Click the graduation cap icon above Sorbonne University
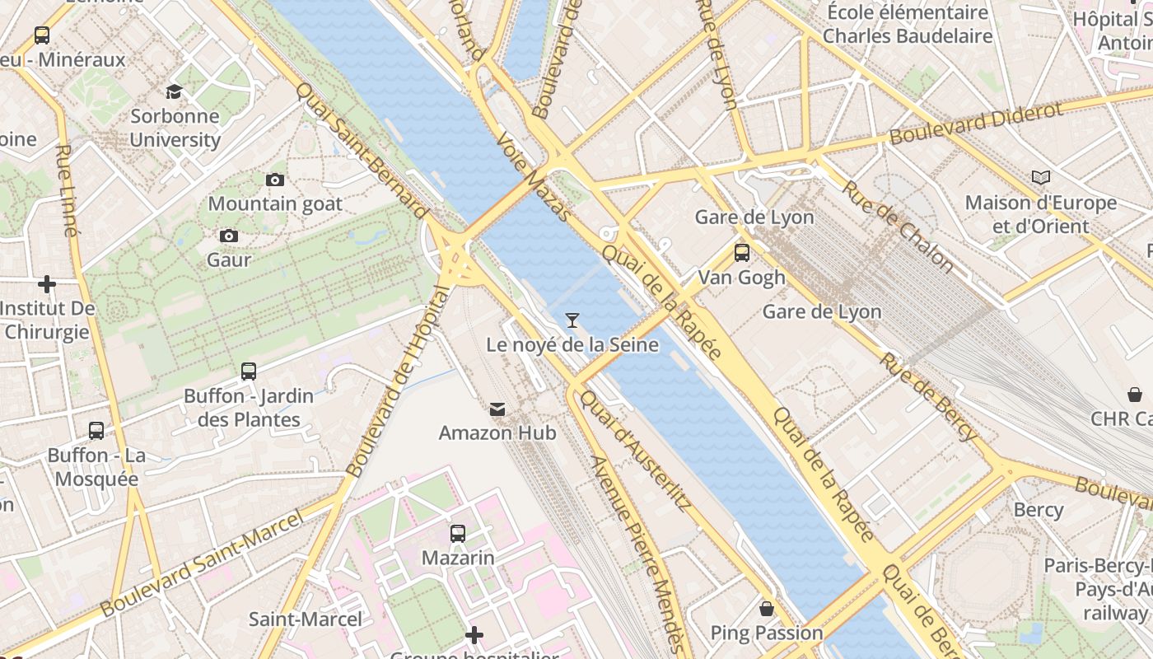pyautogui.click(x=174, y=91)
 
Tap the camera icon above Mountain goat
pyautogui.click(x=275, y=180)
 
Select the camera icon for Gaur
pyautogui.click(x=229, y=236)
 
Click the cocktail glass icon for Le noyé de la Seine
pyautogui.click(x=572, y=320)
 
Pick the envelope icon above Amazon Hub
pyautogui.click(x=497, y=409)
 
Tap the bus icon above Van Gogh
pyautogui.click(x=742, y=253)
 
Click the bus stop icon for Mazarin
pyautogui.click(x=458, y=534)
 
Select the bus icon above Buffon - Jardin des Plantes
pyautogui.click(x=249, y=372)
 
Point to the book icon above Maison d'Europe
pyautogui.click(x=1041, y=178)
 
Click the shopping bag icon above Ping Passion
pyautogui.click(x=767, y=609)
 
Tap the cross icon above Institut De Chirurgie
pyautogui.click(x=47, y=284)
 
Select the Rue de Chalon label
pyautogui.click(x=897, y=226)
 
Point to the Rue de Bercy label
pyautogui.click(x=928, y=396)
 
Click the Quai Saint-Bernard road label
pyautogui.click(x=362, y=154)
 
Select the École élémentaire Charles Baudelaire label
pyautogui.click(x=908, y=24)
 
